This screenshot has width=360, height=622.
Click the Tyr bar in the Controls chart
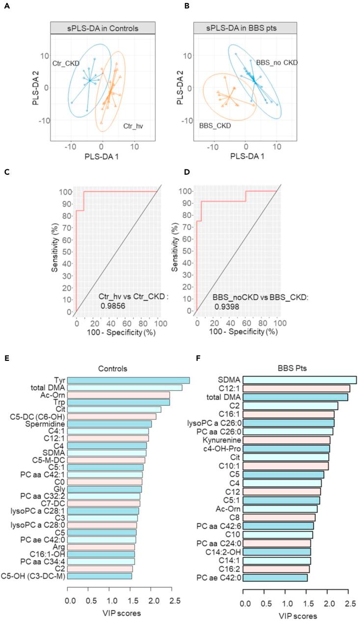pos(128,380)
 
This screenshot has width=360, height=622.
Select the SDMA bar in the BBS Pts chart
pos(299,379)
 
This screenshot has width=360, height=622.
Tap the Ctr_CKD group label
pos(66,64)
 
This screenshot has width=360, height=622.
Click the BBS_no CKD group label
pos(277,62)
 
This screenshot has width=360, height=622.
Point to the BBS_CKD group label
pos(215,126)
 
